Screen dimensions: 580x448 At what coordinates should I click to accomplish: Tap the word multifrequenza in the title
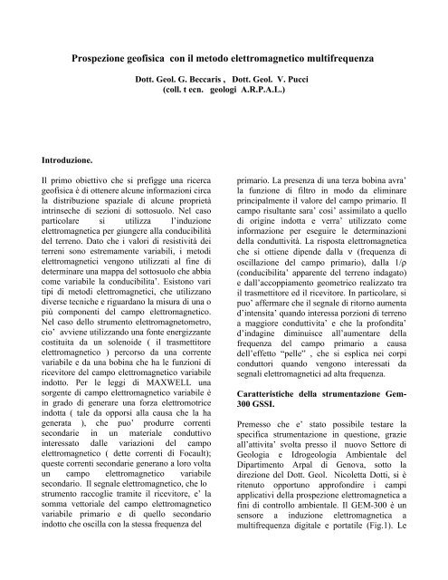pos(359,56)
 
